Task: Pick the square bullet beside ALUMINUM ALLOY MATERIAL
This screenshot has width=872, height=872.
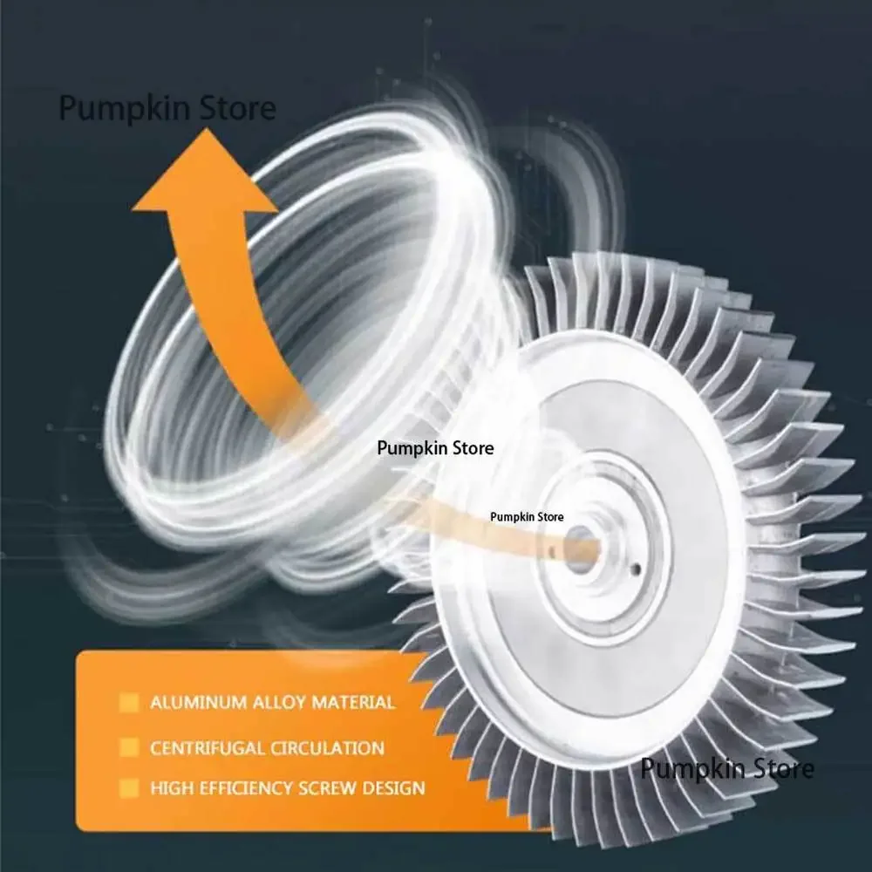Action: [x=129, y=702]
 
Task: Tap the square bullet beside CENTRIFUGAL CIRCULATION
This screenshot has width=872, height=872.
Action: [x=129, y=747]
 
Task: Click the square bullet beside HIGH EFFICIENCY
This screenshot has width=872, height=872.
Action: [x=129, y=788]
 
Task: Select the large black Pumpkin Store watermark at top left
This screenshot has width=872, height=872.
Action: [x=167, y=109]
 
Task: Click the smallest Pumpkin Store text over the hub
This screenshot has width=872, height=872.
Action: [x=527, y=516]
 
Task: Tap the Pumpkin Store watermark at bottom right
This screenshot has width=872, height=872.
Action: [x=727, y=769]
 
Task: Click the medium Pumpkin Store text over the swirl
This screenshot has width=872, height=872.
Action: [x=435, y=448]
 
